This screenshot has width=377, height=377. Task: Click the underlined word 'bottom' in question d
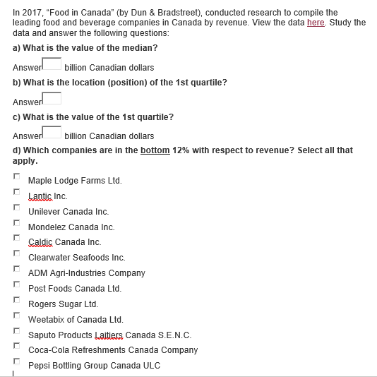coord(155,150)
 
